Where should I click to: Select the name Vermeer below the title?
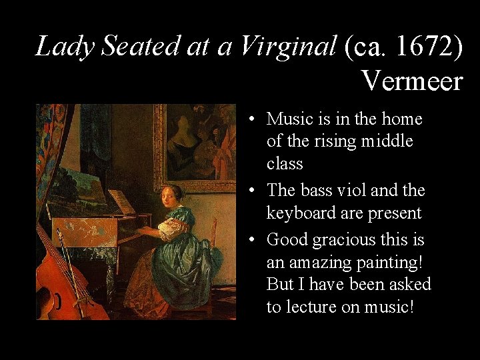[411, 81]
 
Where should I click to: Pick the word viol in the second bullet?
[352, 191]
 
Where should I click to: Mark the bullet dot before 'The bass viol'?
[253, 191]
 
